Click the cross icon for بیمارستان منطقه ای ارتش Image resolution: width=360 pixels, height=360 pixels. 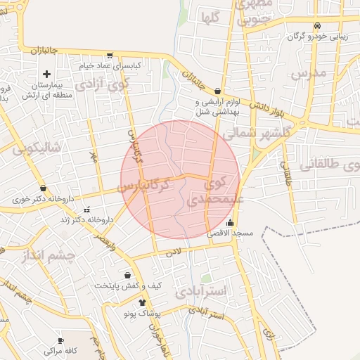click(46, 74)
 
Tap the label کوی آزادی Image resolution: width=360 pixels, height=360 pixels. click(103, 85)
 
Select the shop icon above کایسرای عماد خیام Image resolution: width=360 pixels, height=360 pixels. click(109, 55)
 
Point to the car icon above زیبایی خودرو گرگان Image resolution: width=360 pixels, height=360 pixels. click(318, 26)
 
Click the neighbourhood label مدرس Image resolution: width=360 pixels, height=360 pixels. click(309, 74)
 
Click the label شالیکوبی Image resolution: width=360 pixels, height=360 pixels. click(37, 148)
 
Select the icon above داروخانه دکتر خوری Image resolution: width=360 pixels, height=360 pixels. click(44, 188)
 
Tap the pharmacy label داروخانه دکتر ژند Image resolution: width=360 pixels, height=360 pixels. click(86, 220)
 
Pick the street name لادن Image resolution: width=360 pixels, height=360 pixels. click(174, 250)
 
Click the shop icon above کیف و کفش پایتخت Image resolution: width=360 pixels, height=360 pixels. click(127, 275)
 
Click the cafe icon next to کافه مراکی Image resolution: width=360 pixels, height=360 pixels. click(71, 349)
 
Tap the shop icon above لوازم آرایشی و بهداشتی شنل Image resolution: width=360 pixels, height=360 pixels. click(218, 91)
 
